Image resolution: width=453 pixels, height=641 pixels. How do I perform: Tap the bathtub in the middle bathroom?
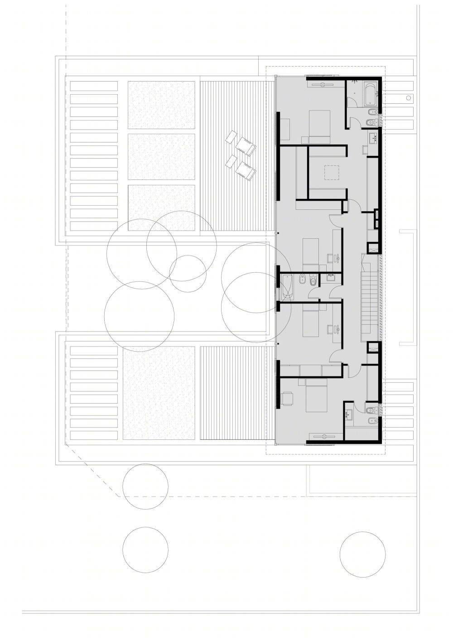pos(286,286)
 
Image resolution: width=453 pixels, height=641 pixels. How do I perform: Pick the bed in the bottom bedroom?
pos(316,395)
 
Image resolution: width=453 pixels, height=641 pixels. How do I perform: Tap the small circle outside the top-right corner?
pos(409,97)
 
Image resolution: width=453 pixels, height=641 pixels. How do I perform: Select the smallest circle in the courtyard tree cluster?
pos(188,274)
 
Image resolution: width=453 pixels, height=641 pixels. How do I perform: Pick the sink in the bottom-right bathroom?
pos(349,414)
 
